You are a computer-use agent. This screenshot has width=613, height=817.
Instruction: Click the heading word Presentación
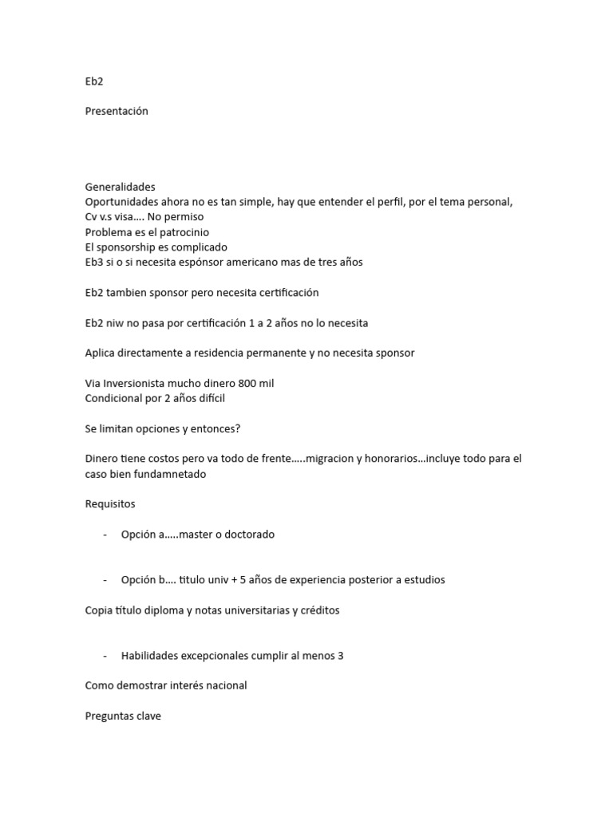pos(117,111)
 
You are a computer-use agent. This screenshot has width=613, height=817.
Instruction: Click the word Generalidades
pos(120,187)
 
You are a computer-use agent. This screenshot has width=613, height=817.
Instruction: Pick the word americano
pos(271,262)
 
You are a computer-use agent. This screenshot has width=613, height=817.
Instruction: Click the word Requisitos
pos(110,504)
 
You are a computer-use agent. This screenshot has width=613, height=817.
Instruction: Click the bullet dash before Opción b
pos(105,580)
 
